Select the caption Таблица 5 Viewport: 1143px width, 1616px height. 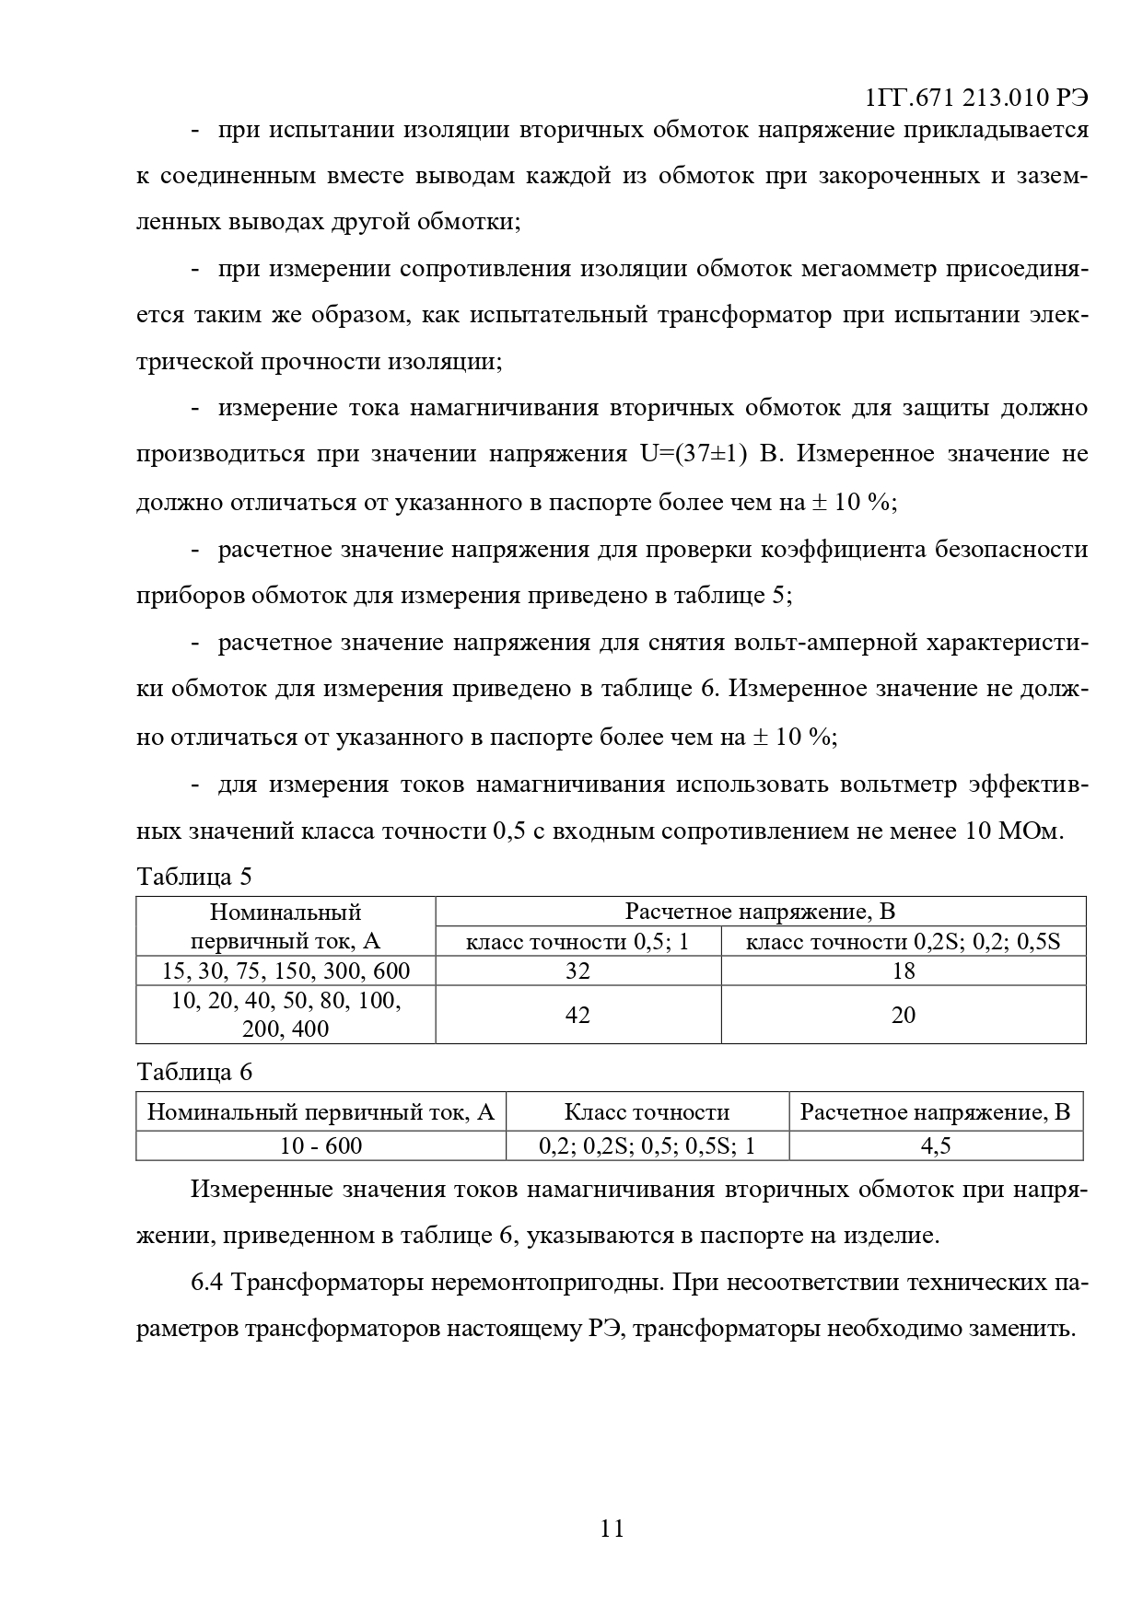[x=193, y=876]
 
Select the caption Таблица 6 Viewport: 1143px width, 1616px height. [x=193, y=1073]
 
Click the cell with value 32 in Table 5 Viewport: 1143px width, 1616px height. [x=577, y=971]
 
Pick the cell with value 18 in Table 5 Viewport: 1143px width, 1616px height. [x=904, y=971]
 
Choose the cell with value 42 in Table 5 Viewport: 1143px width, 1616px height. [x=577, y=1015]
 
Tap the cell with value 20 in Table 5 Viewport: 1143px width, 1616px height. [x=904, y=1015]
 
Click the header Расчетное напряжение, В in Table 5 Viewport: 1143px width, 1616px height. [x=760, y=912]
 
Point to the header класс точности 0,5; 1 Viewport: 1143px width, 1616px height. [x=577, y=942]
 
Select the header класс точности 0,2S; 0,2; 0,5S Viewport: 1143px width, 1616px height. [x=903, y=942]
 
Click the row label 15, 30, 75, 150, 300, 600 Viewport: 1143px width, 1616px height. [x=286, y=971]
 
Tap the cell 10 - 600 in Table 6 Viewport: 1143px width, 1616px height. [x=321, y=1145]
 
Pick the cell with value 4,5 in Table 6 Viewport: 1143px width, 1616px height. [x=935, y=1145]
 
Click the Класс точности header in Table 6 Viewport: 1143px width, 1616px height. [x=647, y=1112]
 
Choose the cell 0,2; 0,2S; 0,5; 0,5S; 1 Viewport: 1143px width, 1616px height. [x=647, y=1145]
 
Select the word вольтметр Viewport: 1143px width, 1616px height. [x=897, y=785]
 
